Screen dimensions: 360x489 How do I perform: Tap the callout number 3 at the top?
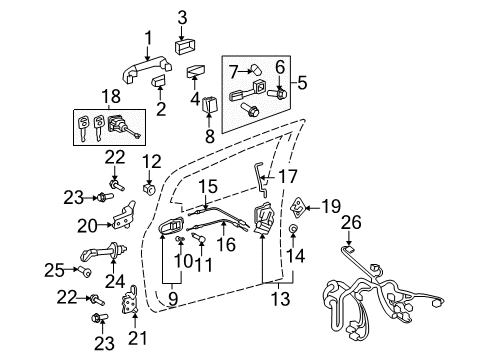click(182, 16)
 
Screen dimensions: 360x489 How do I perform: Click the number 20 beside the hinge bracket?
click(85, 225)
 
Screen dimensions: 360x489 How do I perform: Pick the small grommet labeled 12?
click(149, 187)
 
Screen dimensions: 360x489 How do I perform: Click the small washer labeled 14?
click(293, 229)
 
